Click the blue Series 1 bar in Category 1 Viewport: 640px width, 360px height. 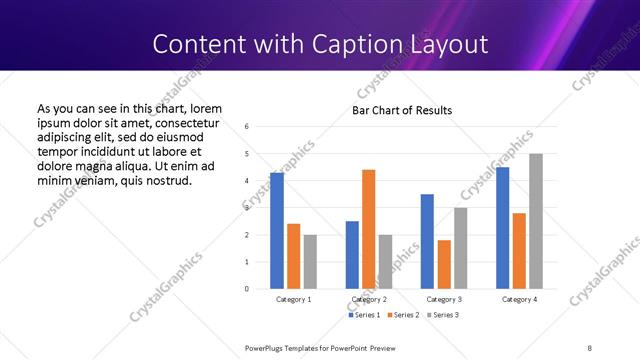pyautogui.click(x=277, y=230)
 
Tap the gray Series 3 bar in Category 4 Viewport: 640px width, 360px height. pyautogui.click(x=536, y=221)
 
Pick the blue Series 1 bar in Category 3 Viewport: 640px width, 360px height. pyautogui.click(x=427, y=241)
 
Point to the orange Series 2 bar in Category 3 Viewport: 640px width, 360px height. pyautogui.click(x=444, y=264)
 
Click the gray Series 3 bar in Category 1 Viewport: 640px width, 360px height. pyautogui.click(x=310, y=261)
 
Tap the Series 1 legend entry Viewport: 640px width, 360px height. pyautogui.click(x=363, y=315)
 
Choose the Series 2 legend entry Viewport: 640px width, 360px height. pyautogui.click(x=403, y=315)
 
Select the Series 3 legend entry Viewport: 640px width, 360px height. pyautogui.click(x=443, y=315)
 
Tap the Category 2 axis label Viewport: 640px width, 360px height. pyautogui.click(x=368, y=299)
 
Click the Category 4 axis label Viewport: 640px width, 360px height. pyautogui.click(x=519, y=299)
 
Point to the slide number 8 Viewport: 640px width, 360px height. pyautogui.click(x=589, y=347)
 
